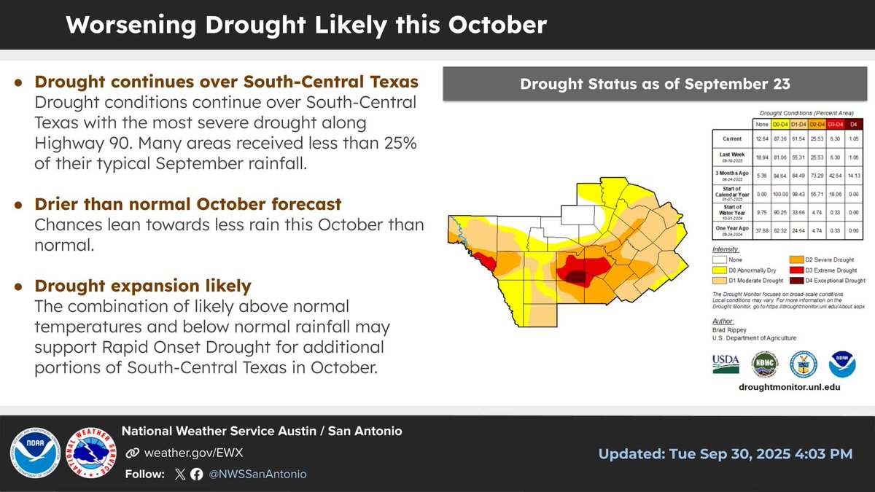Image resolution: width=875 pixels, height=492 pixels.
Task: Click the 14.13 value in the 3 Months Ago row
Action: tap(854, 174)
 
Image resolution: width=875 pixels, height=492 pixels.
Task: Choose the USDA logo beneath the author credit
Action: tap(726, 362)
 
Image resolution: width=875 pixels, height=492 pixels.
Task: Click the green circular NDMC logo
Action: tap(764, 362)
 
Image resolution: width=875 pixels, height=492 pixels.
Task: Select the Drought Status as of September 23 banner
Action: tap(654, 84)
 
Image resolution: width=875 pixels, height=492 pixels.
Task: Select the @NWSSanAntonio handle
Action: tap(258, 474)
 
